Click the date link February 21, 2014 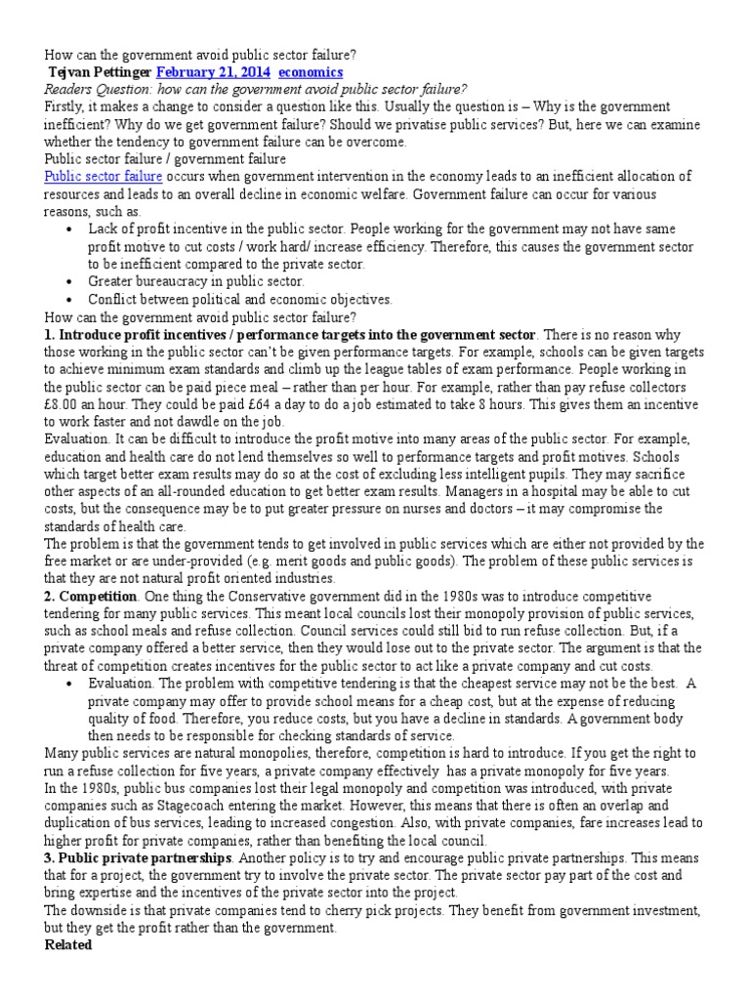click(213, 72)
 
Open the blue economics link click(311, 72)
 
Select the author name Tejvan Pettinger click(100, 72)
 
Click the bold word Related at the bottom click(68, 946)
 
